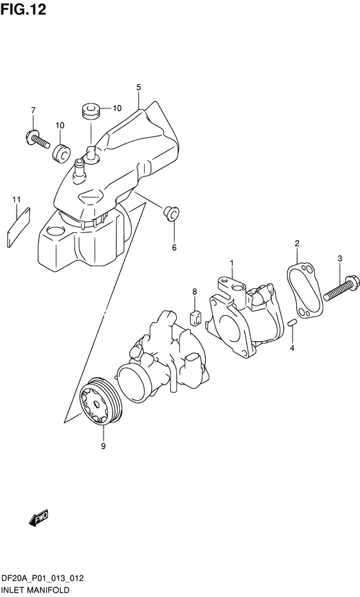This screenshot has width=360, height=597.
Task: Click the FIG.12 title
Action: click(x=23, y=9)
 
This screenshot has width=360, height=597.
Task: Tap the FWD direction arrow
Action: click(x=39, y=518)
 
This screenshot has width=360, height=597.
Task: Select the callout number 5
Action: click(x=138, y=87)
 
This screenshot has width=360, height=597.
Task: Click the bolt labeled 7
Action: click(x=37, y=140)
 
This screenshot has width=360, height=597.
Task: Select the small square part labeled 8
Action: click(x=195, y=318)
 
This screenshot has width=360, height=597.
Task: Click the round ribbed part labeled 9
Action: click(x=100, y=402)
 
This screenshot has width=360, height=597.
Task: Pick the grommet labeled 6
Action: click(x=171, y=212)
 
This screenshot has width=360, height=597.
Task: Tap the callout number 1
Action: click(x=231, y=263)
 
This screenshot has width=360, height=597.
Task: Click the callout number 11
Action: click(x=16, y=199)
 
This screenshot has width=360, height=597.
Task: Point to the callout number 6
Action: click(x=174, y=248)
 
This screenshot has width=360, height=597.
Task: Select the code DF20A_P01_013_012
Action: click(x=42, y=579)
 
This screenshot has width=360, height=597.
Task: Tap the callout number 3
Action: click(x=340, y=259)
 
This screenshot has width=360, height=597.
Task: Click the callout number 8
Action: click(x=194, y=292)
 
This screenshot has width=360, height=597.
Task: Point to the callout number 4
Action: click(x=292, y=347)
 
